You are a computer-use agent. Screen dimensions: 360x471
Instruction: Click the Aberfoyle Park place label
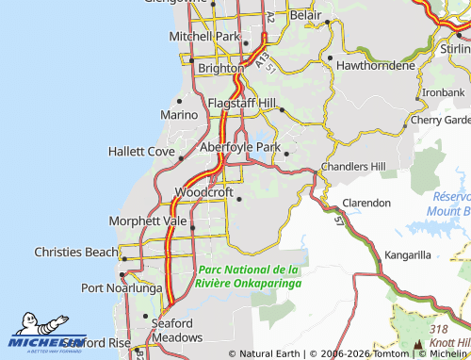(239, 147)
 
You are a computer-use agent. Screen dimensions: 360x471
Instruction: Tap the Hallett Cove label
(141, 151)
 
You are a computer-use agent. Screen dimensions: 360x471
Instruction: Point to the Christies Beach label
(73, 253)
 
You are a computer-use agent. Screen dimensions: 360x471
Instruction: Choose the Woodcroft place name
(203, 191)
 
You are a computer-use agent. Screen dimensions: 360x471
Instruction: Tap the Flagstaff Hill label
(242, 102)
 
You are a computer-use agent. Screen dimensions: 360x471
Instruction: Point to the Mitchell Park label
(204, 36)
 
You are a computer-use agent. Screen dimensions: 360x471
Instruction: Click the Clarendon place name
(366, 203)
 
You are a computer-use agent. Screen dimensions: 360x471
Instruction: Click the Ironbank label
(443, 92)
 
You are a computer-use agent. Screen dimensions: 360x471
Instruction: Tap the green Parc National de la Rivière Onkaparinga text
(249, 275)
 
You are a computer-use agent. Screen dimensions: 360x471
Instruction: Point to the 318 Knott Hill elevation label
(447, 335)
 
